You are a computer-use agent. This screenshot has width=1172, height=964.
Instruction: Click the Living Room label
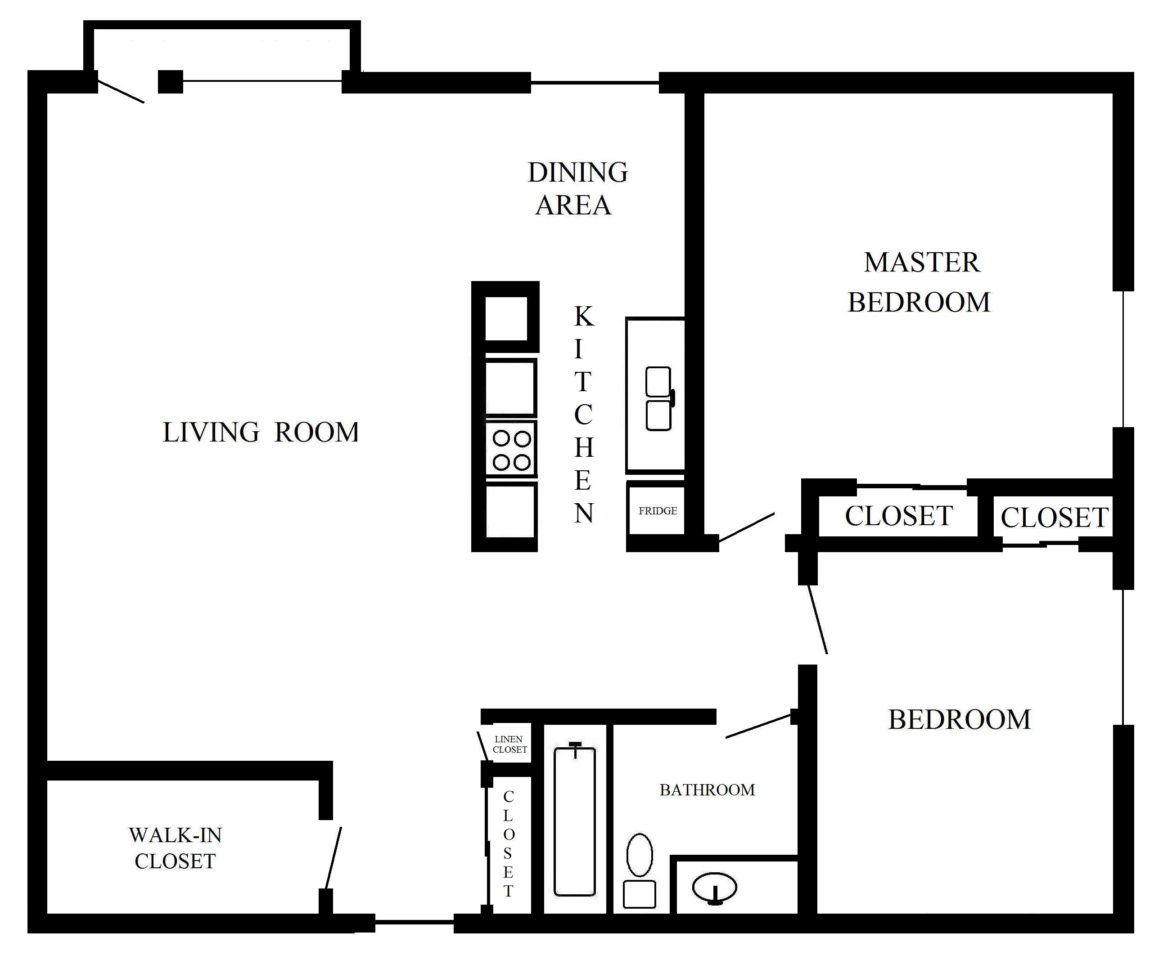tap(261, 433)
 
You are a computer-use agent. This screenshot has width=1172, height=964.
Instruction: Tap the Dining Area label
tap(577, 189)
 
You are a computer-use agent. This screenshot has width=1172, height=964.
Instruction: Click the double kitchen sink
tap(658, 399)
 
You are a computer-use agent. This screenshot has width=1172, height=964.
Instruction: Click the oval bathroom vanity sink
tap(714, 888)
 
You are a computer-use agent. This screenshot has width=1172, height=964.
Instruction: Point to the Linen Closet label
tap(509, 744)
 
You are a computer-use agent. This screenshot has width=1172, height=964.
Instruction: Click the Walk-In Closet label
tap(175, 848)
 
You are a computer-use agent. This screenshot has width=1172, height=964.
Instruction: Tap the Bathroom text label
tap(707, 790)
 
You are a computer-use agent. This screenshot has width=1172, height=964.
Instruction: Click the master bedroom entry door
tap(746, 527)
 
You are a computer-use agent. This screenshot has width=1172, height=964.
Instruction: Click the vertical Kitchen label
tap(583, 414)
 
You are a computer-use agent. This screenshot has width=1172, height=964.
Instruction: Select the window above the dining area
tap(595, 83)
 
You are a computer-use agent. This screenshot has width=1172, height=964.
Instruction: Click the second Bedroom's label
tap(959, 720)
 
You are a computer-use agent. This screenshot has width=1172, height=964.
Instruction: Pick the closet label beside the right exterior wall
tap(1054, 518)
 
